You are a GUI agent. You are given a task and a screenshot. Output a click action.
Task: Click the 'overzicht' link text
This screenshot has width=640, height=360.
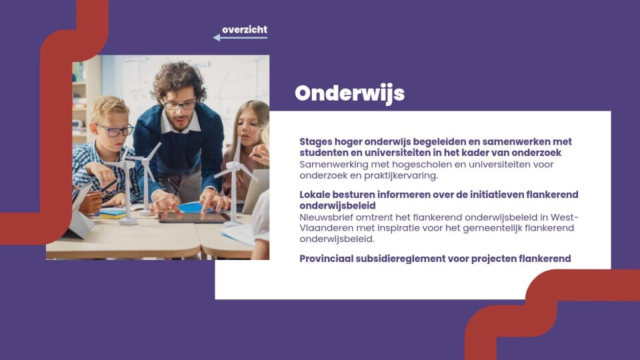click(x=245, y=30)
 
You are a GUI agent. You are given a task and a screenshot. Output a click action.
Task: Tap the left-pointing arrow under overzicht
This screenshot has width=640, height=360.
click(x=240, y=38)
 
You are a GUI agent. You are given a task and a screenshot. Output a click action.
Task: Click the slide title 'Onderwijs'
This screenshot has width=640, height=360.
click(x=350, y=94)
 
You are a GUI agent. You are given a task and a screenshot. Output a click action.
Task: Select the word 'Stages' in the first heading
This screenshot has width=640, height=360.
click(x=315, y=142)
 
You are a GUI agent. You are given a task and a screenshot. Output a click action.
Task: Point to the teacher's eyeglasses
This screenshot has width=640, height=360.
click(x=180, y=105)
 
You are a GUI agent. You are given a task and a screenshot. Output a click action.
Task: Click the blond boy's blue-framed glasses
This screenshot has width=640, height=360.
click(x=115, y=130)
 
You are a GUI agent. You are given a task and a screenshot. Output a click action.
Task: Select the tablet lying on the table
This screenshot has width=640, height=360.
click(x=193, y=217)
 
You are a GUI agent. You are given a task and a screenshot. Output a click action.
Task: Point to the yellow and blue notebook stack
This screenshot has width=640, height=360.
click(x=113, y=213)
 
